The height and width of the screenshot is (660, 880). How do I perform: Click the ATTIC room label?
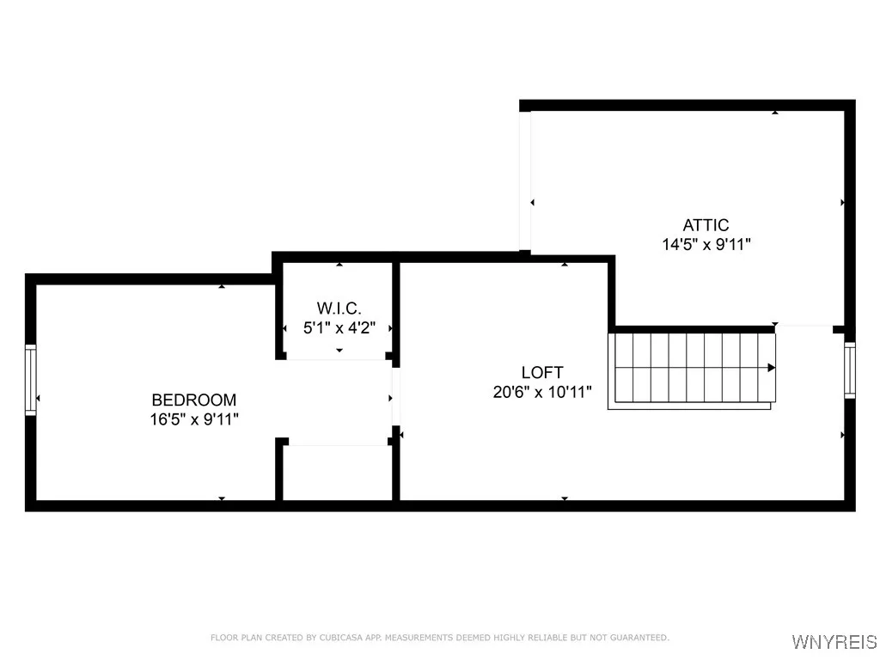pyautogui.click(x=706, y=225)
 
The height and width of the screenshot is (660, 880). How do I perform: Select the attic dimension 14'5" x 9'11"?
pyautogui.click(x=706, y=244)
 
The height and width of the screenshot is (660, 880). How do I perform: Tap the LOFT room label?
pyautogui.click(x=542, y=372)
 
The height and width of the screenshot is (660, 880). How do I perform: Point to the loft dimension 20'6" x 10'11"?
pyautogui.click(x=542, y=391)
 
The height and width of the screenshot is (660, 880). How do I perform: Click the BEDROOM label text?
pyautogui.click(x=193, y=400)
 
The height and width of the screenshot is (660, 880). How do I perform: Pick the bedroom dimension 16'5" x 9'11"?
pyautogui.click(x=193, y=419)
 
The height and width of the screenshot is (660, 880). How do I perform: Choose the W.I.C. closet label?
pyautogui.click(x=339, y=308)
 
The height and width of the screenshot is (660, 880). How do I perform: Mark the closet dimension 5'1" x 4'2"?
pyautogui.click(x=339, y=327)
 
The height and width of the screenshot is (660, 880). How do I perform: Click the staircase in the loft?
pyautogui.click(x=692, y=370)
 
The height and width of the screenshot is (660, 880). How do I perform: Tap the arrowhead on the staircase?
pyautogui.click(x=771, y=368)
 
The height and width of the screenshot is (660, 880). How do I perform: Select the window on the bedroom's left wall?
pyautogui.click(x=31, y=379)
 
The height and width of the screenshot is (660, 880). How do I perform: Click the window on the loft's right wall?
pyautogui.click(x=850, y=370)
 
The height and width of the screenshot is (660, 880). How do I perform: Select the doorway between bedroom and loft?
pyautogui.click(x=396, y=397)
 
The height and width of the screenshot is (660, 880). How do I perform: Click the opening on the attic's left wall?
pyautogui.click(x=524, y=180)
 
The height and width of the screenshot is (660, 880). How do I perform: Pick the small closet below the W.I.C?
pyautogui.click(x=339, y=472)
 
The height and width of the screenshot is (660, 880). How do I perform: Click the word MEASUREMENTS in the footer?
pyautogui.click(x=419, y=638)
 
